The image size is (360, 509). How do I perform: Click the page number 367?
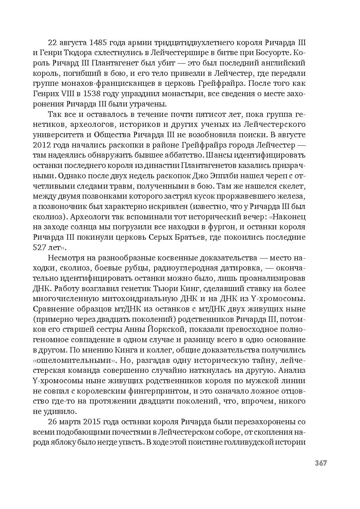coord(321,463)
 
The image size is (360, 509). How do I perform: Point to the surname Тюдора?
coord(77,53)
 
